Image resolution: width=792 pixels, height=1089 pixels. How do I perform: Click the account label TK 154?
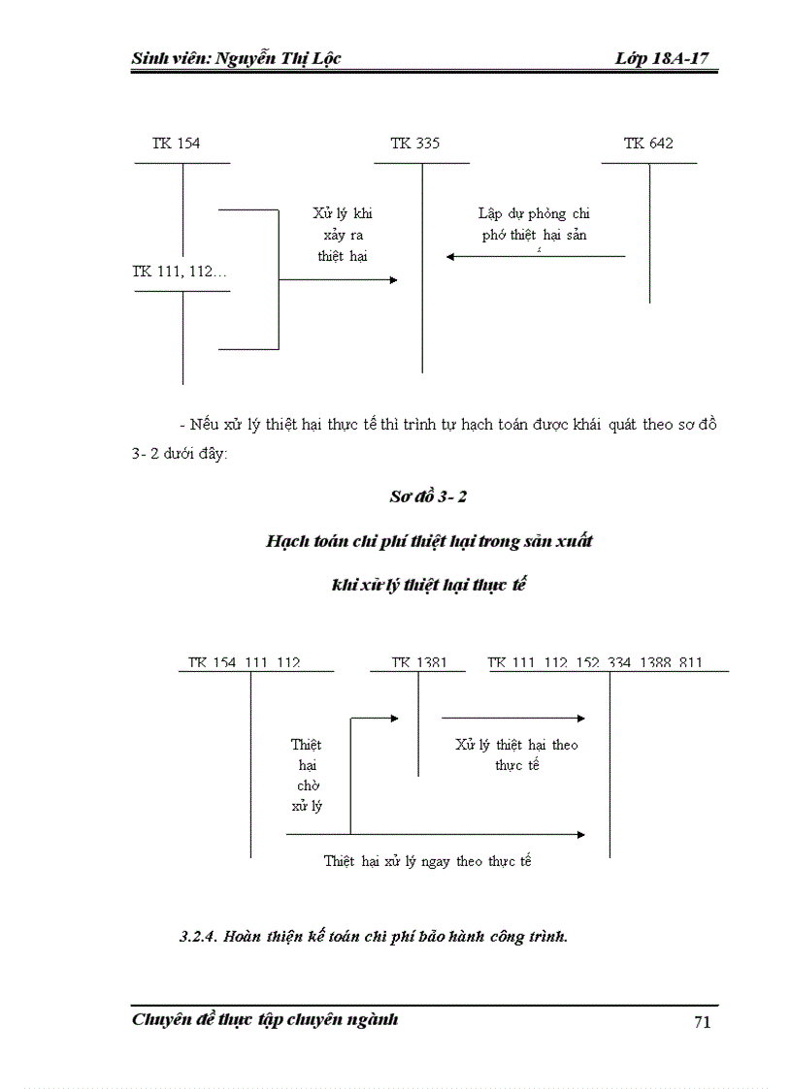pos(176,144)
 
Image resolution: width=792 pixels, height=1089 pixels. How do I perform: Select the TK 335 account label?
pos(414,144)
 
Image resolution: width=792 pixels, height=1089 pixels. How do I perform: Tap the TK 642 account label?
pos(648,144)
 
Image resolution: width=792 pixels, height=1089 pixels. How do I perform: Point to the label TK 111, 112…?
pos(180,272)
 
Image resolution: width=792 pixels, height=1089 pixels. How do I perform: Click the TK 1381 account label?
pos(419,663)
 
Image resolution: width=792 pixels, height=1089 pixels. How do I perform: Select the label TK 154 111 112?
pos(245,663)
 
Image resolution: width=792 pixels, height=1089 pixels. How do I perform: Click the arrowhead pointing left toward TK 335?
pos(450,257)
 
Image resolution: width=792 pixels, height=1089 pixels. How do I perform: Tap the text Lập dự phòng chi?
pos(534,213)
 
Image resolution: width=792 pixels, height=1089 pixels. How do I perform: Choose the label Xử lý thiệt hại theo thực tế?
pos(516,754)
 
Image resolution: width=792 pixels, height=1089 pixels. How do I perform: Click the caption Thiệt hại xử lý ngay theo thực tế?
pos(427,860)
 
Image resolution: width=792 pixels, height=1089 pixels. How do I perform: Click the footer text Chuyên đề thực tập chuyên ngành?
pos(265,1020)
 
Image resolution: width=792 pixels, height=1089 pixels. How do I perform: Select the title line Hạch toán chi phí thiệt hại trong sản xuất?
pos(429,541)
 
